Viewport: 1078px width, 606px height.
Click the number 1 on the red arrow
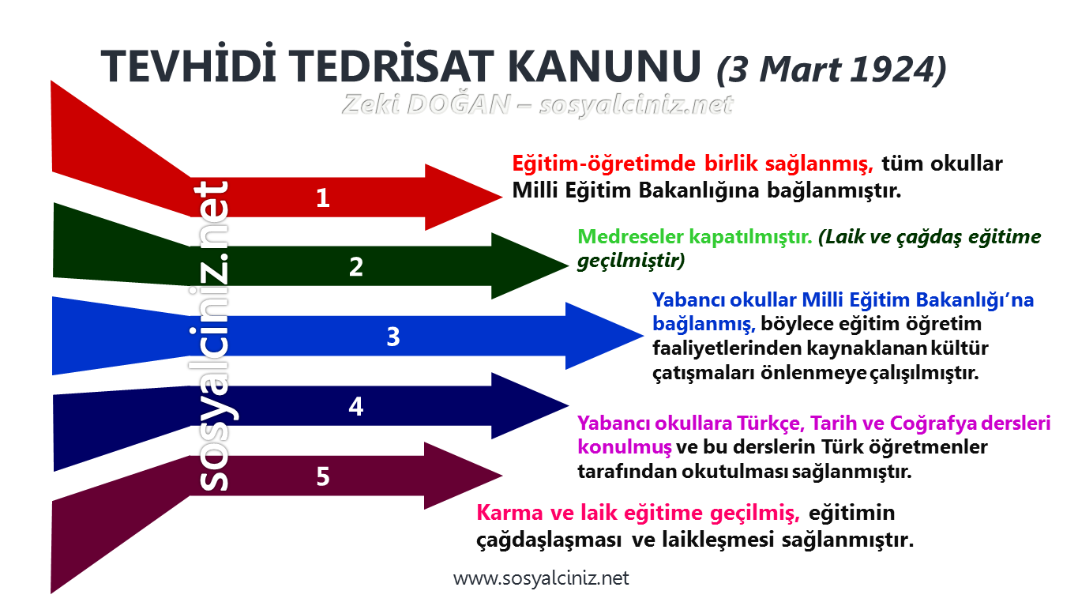point(322,198)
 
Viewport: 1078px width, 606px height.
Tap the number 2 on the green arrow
point(356,267)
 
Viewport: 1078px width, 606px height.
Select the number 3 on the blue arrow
point(393,337)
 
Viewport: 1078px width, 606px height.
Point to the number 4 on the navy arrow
point(356,406)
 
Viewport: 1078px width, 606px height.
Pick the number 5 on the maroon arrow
point(322,476)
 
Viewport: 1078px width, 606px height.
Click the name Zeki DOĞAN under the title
point(426,104)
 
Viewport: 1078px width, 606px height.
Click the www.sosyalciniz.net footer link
point(541,578)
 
